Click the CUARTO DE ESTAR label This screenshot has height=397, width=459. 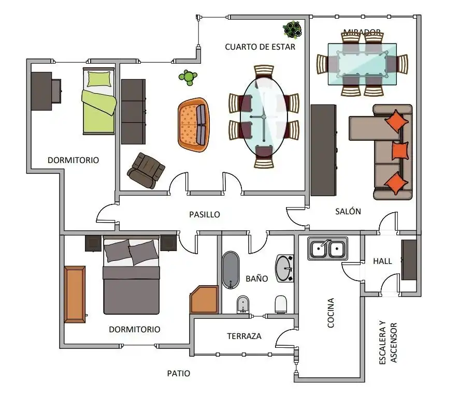(260, 47)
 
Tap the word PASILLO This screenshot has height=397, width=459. (204, 214)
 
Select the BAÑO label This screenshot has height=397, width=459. (257, 278)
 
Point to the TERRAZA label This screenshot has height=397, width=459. (244, 336)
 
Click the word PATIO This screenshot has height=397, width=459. (179, 373)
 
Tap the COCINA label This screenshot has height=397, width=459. (331, 313)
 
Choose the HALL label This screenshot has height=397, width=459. (382, 261)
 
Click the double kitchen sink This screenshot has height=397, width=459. (327, 248)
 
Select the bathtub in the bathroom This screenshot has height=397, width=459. (231, 270)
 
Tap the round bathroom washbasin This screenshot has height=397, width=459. (284, 268)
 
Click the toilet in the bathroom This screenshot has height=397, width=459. (281, 304)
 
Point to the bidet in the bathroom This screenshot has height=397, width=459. (242, 304)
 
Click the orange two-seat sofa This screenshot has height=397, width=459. (193, 125)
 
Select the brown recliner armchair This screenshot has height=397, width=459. (146, 171)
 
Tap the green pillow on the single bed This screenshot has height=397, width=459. (99, 79)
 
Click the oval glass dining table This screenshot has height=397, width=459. (264, 117)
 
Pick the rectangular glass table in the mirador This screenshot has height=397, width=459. (362, 64)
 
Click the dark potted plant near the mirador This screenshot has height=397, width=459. (292, 30)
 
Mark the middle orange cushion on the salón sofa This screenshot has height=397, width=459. (400, 151)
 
